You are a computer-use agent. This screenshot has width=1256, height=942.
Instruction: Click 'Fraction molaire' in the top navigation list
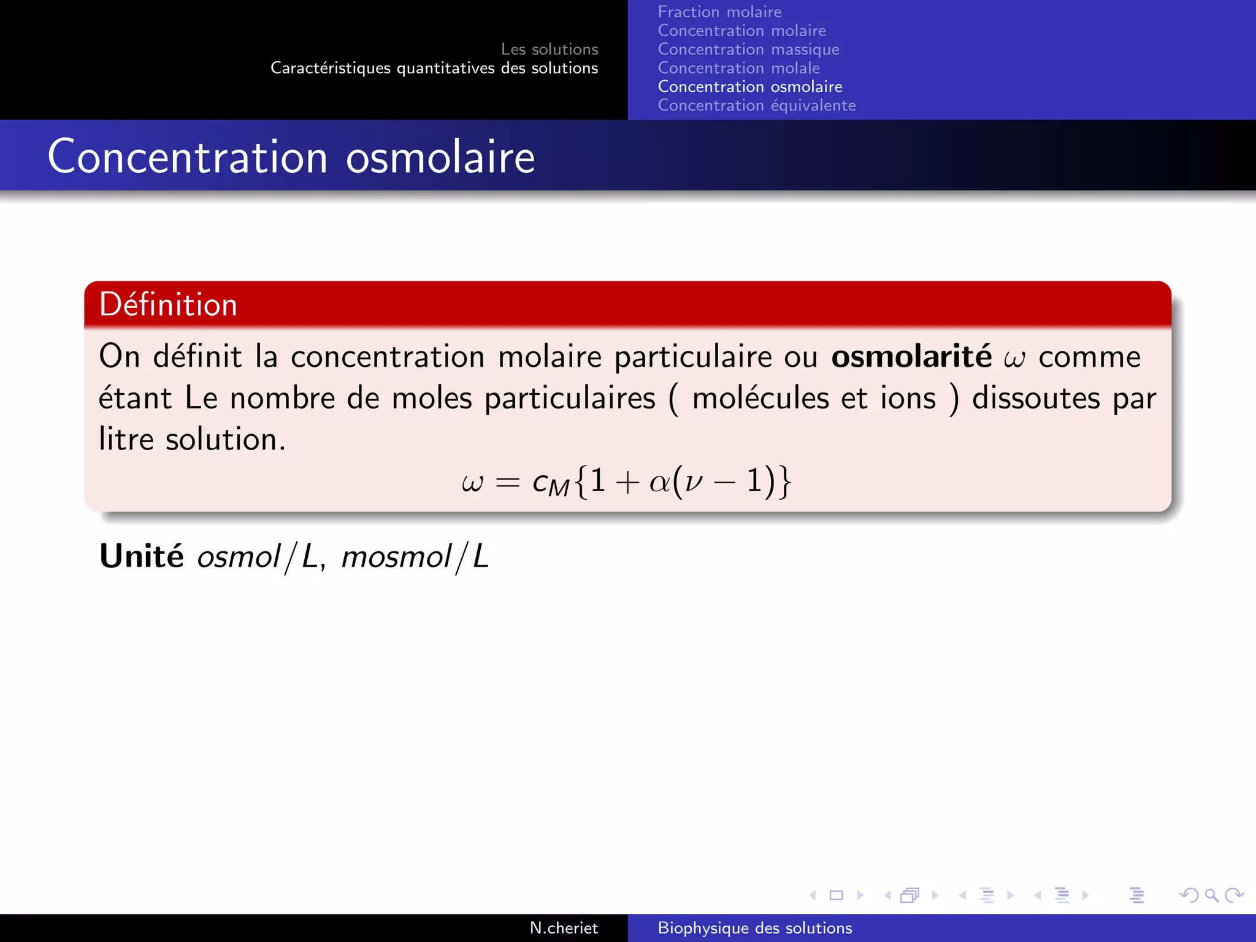point(719,12)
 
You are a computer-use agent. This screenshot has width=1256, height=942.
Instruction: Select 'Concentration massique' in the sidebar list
point(748,50)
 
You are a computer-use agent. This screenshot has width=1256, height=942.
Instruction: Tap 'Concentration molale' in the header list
point(738,68)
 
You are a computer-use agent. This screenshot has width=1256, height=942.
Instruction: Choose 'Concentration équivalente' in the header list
point(756,105)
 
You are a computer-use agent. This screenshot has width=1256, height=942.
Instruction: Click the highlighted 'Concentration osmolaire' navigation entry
point(749,87)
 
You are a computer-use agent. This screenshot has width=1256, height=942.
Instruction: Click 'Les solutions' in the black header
point(549,49)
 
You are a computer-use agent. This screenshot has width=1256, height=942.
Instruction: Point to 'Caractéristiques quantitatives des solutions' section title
point(434,68)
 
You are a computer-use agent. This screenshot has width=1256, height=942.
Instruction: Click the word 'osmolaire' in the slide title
point(440,158)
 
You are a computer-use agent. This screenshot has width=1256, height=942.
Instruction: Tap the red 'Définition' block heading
point(169,305)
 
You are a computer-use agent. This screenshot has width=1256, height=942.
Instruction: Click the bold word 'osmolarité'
point(911,357)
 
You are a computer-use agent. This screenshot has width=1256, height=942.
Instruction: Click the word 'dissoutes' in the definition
point(1036,399)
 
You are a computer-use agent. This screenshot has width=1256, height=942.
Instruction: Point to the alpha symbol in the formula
point(659,482)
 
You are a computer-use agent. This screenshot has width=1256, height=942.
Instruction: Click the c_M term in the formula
point(551,483)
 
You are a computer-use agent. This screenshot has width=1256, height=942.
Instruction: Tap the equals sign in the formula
point(507,483)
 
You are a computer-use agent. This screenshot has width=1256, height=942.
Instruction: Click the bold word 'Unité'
point(142,556)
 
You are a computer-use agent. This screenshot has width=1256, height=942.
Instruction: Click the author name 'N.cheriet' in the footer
point(563,928)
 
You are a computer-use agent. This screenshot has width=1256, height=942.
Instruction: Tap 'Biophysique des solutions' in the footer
point(754,928)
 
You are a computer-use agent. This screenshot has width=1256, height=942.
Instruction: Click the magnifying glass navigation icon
point(1211,895)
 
